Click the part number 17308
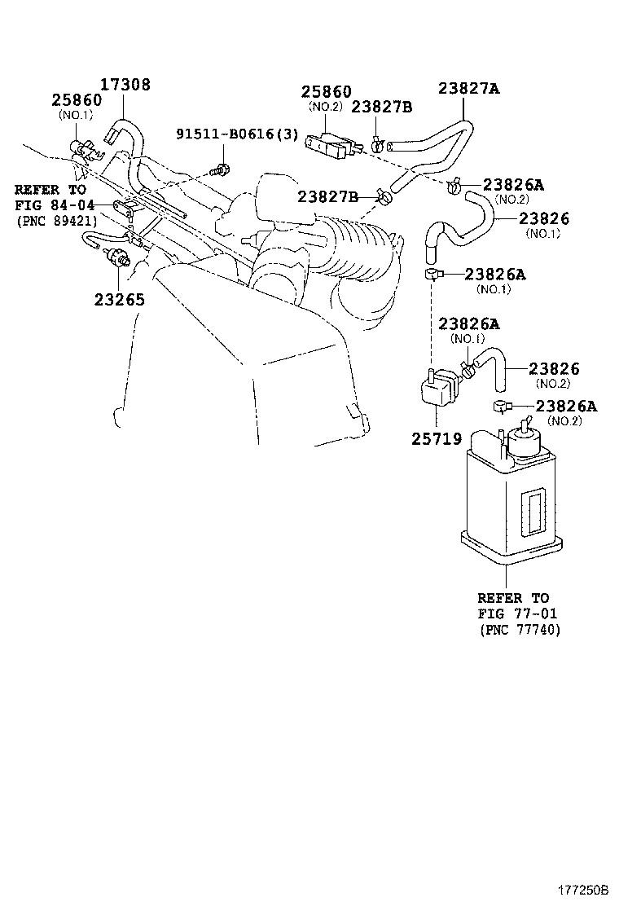coord(125,85)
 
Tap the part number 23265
coord(119,299)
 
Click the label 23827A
coord(468,90)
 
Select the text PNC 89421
coord(56,221)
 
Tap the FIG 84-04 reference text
coord(50,205)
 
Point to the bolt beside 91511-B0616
coord(220,170)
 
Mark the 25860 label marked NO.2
coord(326,92)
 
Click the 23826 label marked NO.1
coord(543,218)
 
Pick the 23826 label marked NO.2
coord(554,369)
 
